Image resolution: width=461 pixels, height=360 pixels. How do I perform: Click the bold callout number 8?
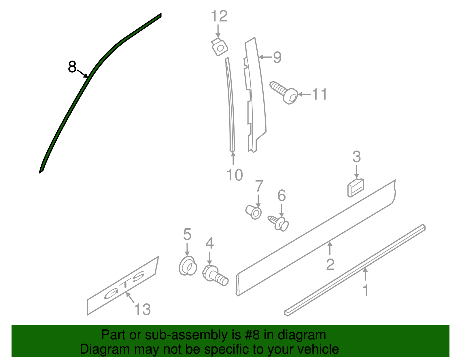tap(72, 67)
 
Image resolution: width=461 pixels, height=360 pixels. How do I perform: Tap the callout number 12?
tap(219, 16)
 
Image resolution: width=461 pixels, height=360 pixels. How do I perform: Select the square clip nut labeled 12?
tap(220, 47)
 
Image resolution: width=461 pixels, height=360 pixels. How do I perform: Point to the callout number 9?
tap(277, 57)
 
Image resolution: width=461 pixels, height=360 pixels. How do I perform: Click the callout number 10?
tap(235, 175)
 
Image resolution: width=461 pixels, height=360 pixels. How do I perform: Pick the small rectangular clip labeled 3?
tap(356, 188)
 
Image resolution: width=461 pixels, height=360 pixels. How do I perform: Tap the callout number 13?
tap(142, 310)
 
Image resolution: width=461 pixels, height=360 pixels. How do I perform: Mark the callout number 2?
tap(330, 264)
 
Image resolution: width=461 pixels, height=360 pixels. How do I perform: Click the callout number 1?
tap(365, 290)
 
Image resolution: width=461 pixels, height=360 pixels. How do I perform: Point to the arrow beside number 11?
tap(304, 94)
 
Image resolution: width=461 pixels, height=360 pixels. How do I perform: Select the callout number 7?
tap(259, 186)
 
